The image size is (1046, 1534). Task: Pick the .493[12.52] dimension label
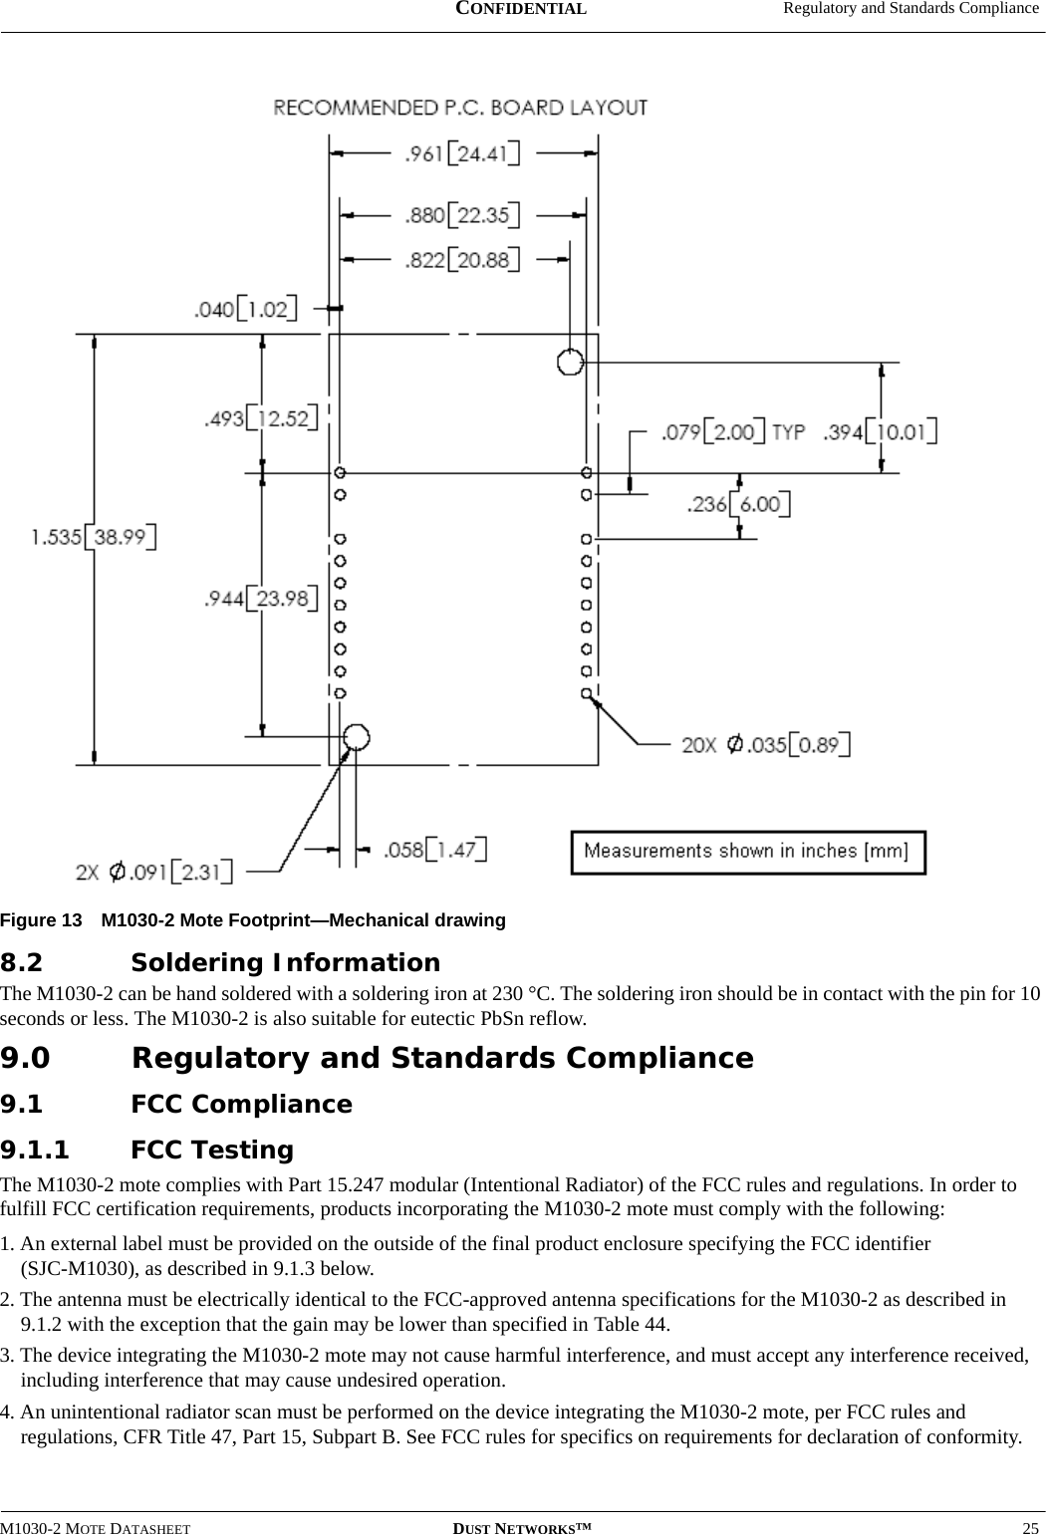coord(260,418)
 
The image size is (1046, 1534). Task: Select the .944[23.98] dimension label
coord(260,599)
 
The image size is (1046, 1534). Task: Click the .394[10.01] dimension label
coord(880,432)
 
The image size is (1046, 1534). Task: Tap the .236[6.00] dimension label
coord(739,504)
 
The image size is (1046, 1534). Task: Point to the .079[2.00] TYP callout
coord(733,432)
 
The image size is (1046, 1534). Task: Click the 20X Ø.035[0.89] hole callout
coord(766,744)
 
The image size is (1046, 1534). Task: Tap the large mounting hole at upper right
coord(570,362)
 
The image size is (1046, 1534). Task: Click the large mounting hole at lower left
coord(356,737)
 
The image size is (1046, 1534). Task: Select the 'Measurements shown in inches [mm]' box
coord(747,852)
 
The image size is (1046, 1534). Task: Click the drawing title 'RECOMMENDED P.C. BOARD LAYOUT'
coord(461,107)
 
